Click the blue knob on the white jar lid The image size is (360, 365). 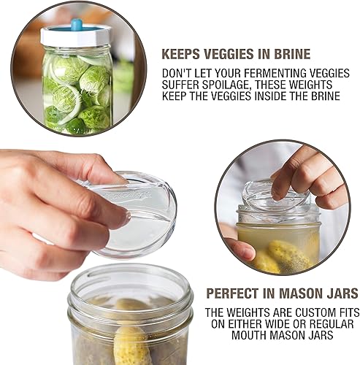tap(76, 24)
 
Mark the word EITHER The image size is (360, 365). tap(248, 323)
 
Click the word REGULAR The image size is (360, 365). tap(334, 323)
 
